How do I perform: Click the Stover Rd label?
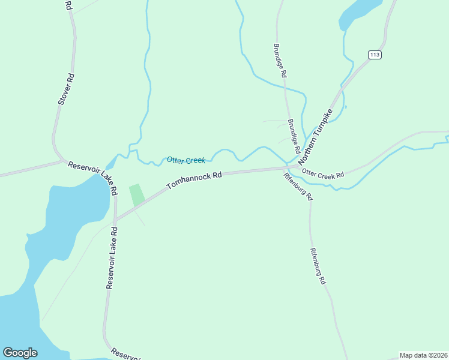point(65,89)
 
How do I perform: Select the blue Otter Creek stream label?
point(186,160)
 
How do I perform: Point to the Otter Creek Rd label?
point(323,174)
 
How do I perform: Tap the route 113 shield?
point(375,55)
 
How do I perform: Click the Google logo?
point(20,353)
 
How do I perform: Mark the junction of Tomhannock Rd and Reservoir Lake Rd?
point(115,220)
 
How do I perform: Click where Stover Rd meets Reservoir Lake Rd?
point(62,161)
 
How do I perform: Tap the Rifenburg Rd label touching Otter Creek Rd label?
point(298,185)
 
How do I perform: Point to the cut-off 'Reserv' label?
point(125,354)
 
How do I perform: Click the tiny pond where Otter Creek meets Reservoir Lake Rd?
point(110,164)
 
